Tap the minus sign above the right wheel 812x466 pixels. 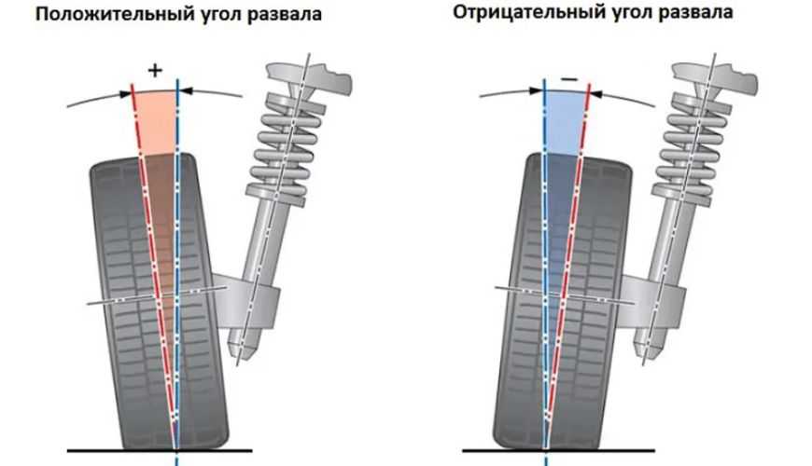(567, 78)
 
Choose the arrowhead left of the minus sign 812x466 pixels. (538, 91)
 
